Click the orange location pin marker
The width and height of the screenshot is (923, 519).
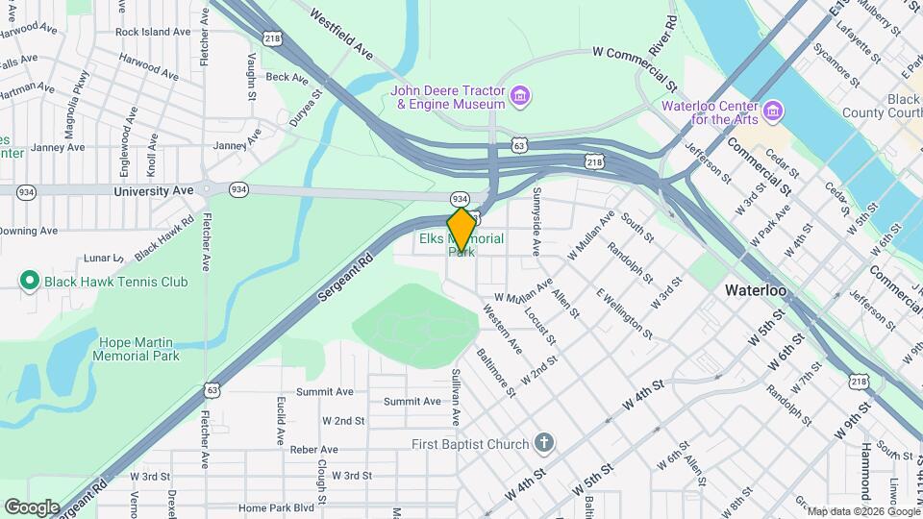(461, 229)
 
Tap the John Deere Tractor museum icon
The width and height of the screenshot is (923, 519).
(520, 97)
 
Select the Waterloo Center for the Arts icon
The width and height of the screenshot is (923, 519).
(772, 112)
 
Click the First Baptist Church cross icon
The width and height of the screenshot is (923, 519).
(544, 444)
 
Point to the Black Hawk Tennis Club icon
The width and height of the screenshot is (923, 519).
(29, 282)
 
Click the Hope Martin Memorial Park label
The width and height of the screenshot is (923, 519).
(136, 349)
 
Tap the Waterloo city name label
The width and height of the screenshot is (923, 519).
(756, 289)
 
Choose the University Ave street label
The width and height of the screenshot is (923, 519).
(154, 191)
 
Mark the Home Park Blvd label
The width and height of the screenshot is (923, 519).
(277, 507)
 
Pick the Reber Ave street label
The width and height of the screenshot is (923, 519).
(314, 449)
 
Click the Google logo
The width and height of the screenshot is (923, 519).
(32, 507)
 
